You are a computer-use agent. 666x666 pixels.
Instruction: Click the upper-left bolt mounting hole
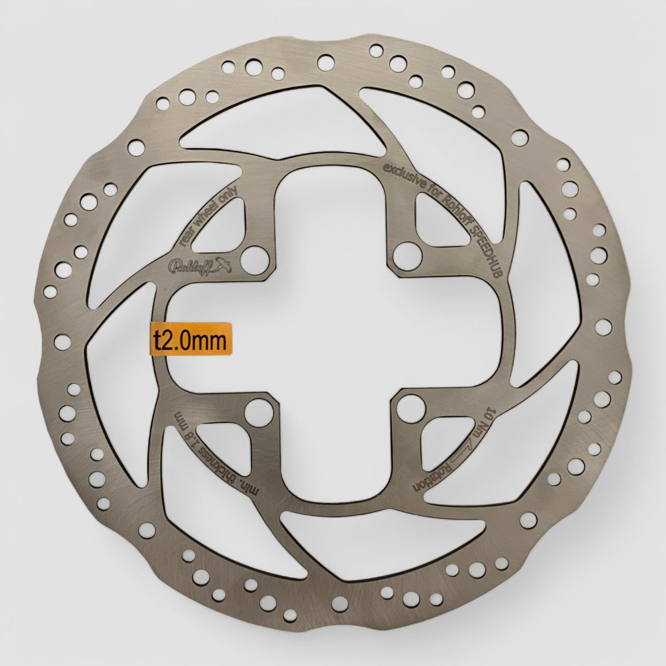(252, 258)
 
